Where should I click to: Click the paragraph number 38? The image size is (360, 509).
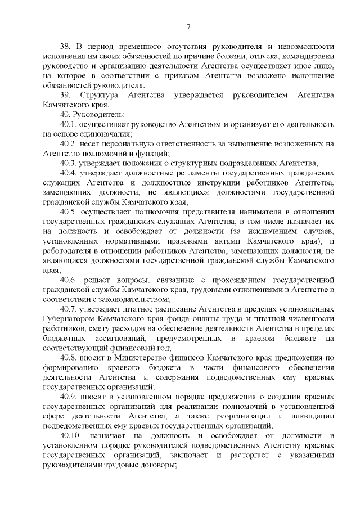click(65, 47)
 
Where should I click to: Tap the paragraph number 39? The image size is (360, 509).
click(65, 95)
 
